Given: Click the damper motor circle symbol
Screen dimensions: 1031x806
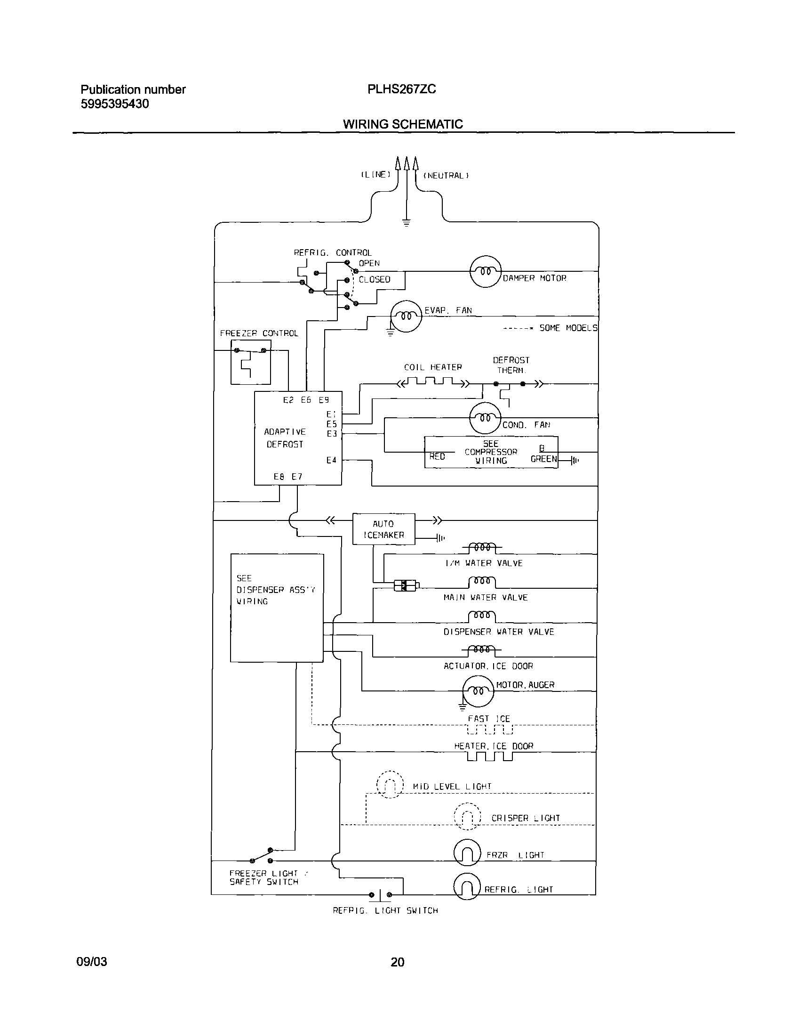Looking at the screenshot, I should (486, 272).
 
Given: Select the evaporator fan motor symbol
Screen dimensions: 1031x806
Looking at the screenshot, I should (406, 316).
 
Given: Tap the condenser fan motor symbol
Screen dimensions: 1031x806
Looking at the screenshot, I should (485, 418).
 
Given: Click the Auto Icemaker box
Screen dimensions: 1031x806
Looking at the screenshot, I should (383, 529).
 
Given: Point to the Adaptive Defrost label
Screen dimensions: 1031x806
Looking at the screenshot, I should (285, 438).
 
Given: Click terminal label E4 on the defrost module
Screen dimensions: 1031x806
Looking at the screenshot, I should (331, 460).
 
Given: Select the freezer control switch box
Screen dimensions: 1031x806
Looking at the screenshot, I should (251, 362).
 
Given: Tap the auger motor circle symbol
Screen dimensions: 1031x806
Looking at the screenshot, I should (478, 691).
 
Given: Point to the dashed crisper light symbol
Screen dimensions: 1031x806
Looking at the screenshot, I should (467, 817).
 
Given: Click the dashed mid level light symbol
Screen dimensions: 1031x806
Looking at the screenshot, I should (390, 785).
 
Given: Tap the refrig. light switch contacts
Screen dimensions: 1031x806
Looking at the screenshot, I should (380, 894).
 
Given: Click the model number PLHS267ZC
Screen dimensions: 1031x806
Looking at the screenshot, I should (401, 89).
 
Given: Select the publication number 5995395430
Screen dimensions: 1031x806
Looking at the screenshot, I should (115, 104).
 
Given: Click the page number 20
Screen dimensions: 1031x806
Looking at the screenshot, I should (397, 962).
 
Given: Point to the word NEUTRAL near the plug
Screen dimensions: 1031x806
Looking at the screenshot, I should (446, 176).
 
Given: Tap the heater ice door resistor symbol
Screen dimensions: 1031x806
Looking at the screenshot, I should (489, 756).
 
